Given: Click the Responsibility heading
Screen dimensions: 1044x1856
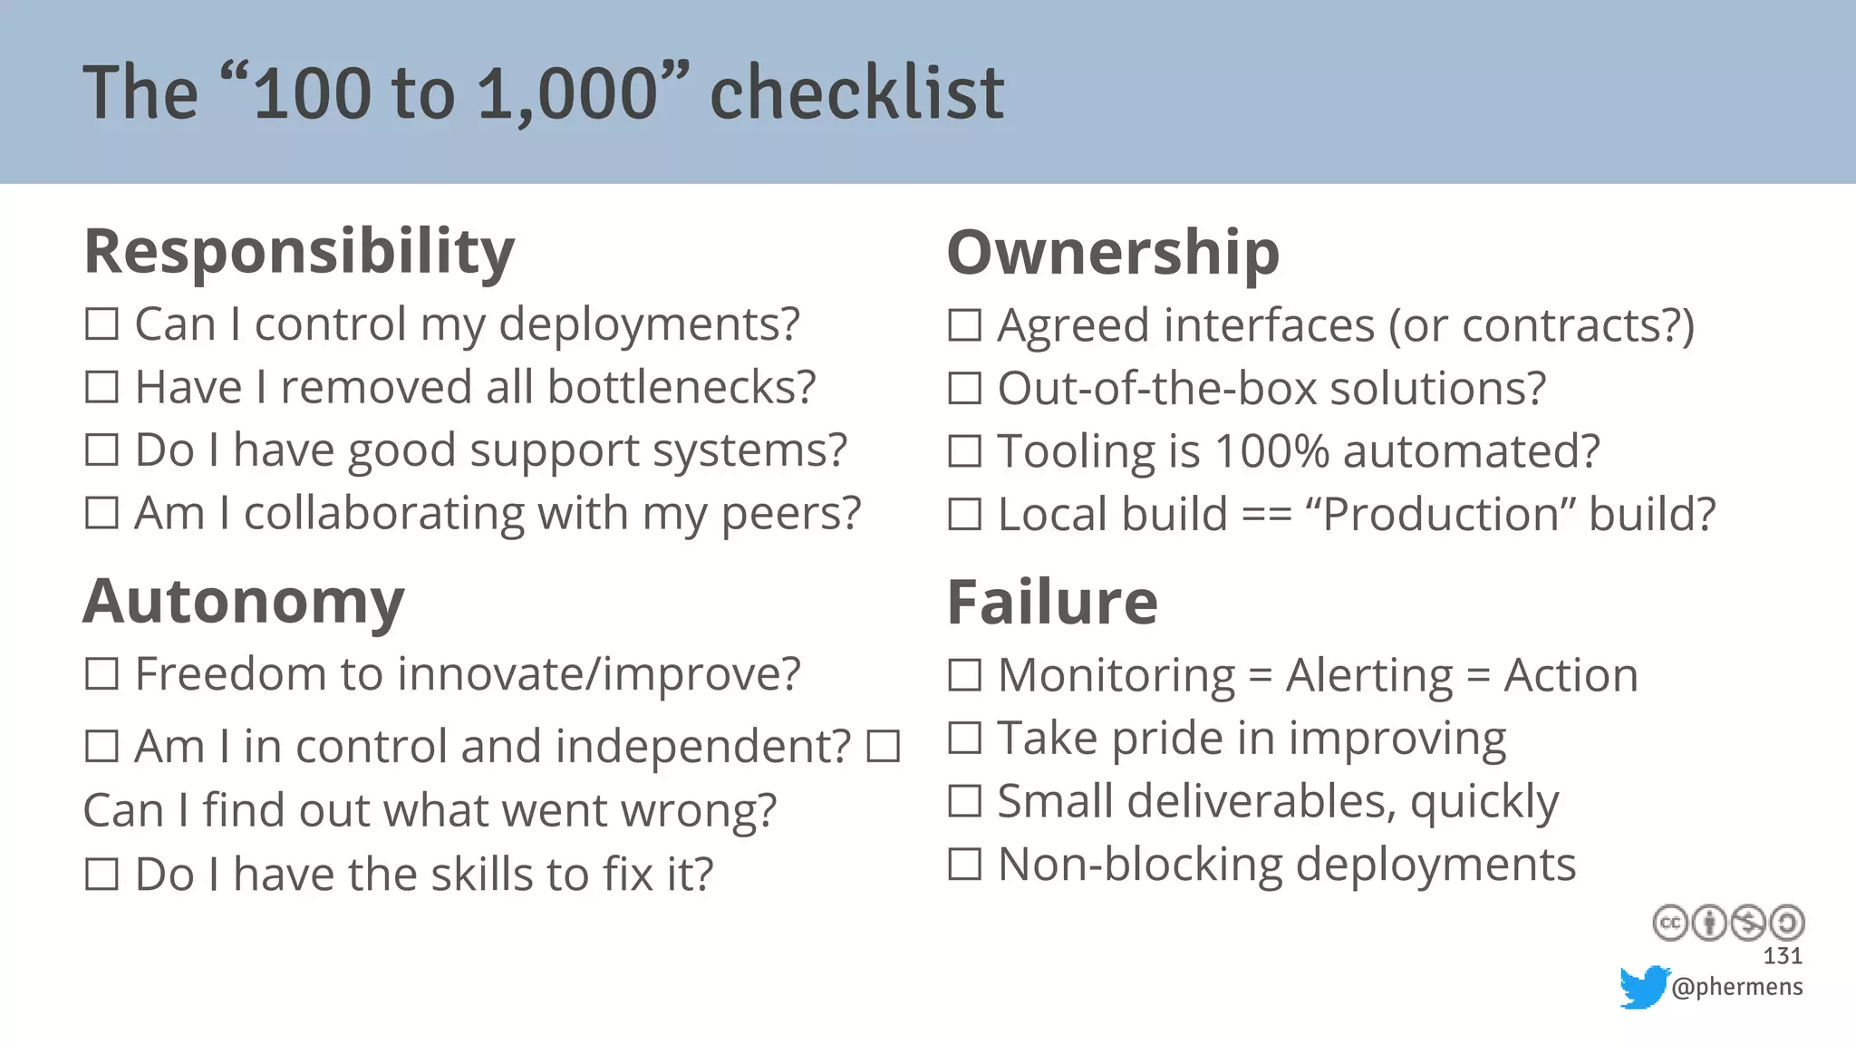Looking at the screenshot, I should (299, 252).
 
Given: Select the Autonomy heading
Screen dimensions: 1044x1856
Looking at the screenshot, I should (243, 602).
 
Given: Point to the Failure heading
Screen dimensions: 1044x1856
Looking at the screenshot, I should (1052, 603).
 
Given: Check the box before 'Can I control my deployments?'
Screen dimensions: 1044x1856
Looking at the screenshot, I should (101, 324).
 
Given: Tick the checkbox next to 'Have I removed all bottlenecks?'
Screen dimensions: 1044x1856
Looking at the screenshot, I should (101, 388).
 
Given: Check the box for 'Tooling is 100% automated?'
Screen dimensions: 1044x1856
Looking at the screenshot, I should (964, 451).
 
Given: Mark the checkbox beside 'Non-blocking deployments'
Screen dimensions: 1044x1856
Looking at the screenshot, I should (964, 865).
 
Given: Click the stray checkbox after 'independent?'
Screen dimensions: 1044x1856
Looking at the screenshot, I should (884, 748).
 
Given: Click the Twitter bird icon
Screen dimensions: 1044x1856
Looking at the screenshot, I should (1644, 986).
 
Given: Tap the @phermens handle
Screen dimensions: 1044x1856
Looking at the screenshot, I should (1736, 987).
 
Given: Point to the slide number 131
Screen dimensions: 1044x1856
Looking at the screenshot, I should (1783, 956).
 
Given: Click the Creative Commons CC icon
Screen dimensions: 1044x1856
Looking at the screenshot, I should (1669, 923).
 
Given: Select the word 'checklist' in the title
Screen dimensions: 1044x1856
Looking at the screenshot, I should (856, 93).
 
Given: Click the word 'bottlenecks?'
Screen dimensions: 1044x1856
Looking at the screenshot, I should (681, 388).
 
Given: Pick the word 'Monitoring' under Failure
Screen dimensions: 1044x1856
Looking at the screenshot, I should (1116, 676).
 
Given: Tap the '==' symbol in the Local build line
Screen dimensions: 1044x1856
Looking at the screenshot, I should (1266, 515).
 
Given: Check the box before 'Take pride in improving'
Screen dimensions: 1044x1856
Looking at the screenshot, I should (964, 739).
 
